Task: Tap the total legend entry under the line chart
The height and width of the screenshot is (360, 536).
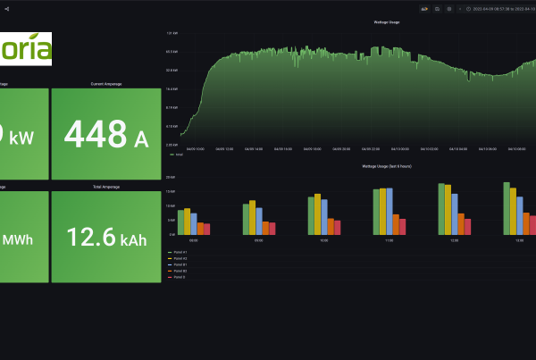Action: (177, 155)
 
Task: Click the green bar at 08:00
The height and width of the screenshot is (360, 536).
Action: (180, 222)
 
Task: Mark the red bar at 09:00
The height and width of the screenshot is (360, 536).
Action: (272, 229)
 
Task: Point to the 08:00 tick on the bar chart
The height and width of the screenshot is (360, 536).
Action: (194, 240)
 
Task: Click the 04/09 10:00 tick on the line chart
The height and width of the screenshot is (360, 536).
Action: (196, 148)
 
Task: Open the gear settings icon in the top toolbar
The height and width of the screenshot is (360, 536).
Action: (449, 8)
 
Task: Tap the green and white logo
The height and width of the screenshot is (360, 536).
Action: (26, 48)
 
